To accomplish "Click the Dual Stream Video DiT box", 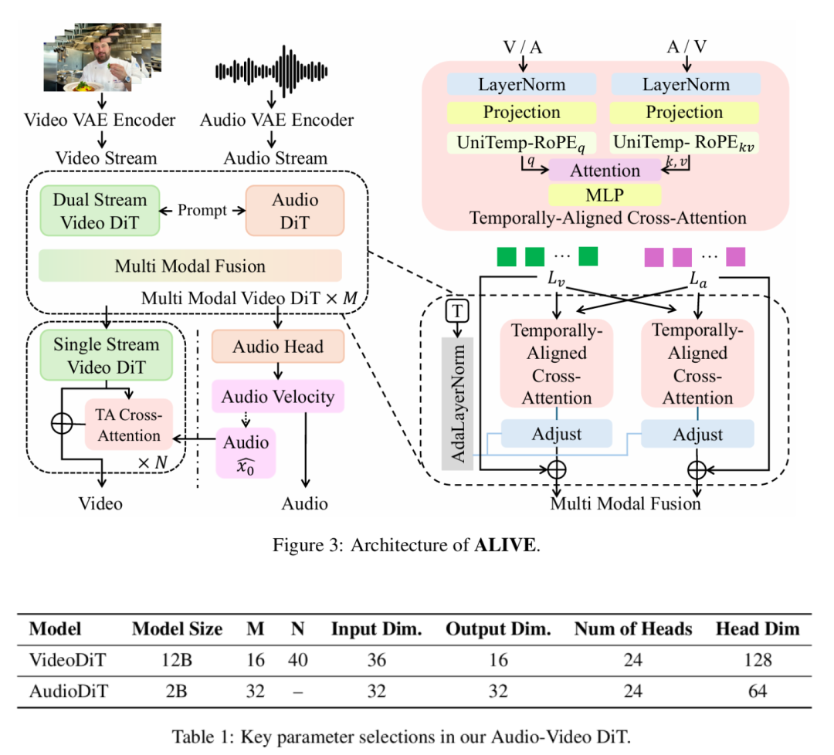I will pyautogui.click(x=99, y=209).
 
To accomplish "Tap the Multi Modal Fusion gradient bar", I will pyautogui.click(x=190, y=266).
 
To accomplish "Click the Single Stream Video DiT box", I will pyautogui.click(x=106, y=355).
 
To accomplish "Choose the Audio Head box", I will pyautogui.click(x=277, y=347).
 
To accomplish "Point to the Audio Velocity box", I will pyautogui.click(x=277, y=397).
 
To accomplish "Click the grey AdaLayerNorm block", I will pyautogui.click(x=458, y=403).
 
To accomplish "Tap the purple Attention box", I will pyautogui.click(x=604, y=171).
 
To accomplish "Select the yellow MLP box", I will pyautogui.click(x=604, y=195).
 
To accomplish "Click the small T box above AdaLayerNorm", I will pyautogui.click(x=457, y=311).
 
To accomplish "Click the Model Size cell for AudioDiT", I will pyautogui.click(x=177, y=691).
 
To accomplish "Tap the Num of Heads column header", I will pyautogui.click(x=632, y=629).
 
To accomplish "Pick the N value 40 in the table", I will pyautogui.click(x=297, y=660).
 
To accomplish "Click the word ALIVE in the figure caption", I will pyautogui.click(x=506, y=546).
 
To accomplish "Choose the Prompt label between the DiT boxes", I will pyautogui.click(x=202, y=210).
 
